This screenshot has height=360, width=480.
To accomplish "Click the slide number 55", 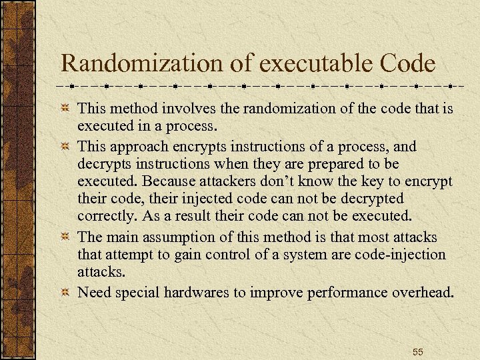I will coord(417,351).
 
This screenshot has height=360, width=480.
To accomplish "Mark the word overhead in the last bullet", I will coord(419,293).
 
